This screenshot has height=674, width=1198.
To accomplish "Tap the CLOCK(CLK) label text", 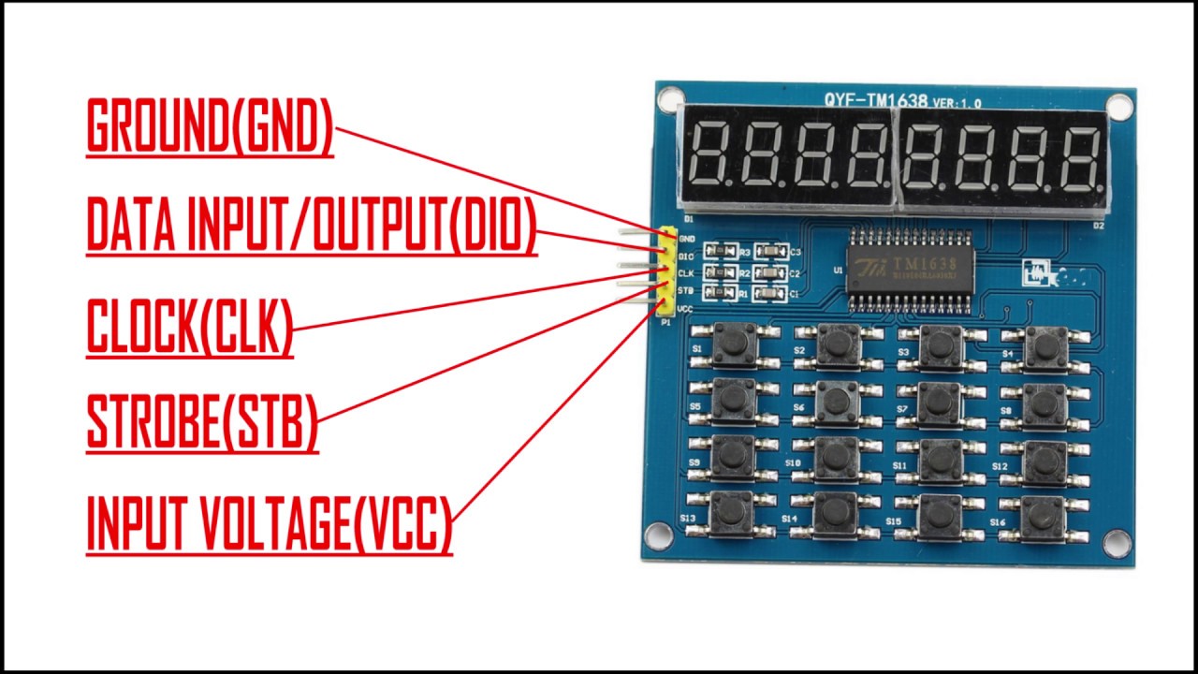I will tap(190, 326).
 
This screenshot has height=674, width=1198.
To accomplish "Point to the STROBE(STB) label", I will tap(202, 422).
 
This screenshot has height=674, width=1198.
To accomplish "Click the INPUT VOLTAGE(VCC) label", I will tap(270, 524).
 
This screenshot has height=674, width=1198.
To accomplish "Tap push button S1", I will tap(734, 344).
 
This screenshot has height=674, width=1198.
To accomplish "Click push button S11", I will tap(941, 460).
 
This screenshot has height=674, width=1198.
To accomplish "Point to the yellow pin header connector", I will tap(666, 271).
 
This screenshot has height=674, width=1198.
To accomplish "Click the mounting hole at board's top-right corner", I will tap(1118, 105).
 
